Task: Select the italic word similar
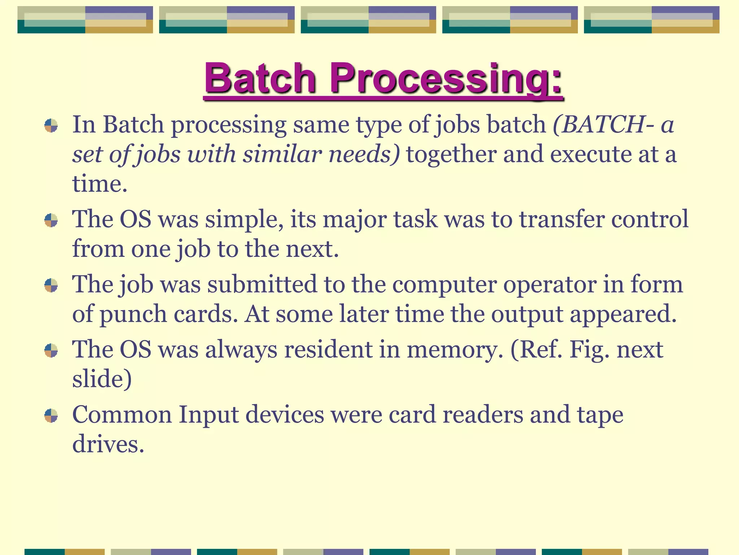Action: click(x=282, y=154)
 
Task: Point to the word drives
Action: click(x=108, y=444)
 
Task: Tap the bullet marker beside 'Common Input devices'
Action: click(x=51, y=416)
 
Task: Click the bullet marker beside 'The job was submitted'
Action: click(x=51, y=285)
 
